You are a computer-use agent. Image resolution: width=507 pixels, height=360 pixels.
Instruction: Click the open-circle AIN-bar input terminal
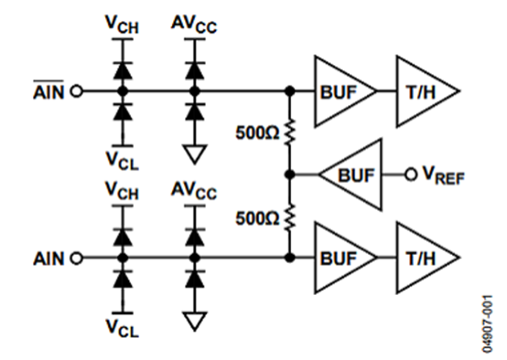(x=77, y=91)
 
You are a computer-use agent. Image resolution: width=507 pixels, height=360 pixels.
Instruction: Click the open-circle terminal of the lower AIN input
(x=77, y=258)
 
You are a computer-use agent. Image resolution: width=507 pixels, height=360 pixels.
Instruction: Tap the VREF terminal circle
(x=411, y=175)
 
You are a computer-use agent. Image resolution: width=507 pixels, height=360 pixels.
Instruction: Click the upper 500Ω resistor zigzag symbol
(x=290, y=132)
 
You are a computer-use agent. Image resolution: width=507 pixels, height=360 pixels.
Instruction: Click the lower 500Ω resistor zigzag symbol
(x=290, y=217)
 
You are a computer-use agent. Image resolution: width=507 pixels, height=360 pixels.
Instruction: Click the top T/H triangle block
(x=428, y=91)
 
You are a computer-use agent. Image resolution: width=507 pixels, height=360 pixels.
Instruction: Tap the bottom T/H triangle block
(x=428, y=258)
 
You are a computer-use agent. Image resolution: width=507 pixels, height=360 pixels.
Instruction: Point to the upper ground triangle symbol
(x=195, y=154)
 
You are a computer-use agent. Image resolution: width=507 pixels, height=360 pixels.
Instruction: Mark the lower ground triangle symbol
(x=195, y=322)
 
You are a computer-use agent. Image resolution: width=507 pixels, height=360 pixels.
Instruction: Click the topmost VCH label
(x=122, y=25)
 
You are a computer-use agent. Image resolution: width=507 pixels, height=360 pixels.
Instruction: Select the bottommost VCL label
(x=122, y=328)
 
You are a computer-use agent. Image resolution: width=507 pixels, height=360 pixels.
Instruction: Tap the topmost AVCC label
(x=194, y=25)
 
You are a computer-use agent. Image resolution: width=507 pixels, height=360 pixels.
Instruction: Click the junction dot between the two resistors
(x=290, y=175)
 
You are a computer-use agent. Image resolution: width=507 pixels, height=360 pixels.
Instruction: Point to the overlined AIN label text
(x=49, y=90)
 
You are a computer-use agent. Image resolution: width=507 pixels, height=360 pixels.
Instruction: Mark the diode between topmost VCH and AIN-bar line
(x=123, y=70)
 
